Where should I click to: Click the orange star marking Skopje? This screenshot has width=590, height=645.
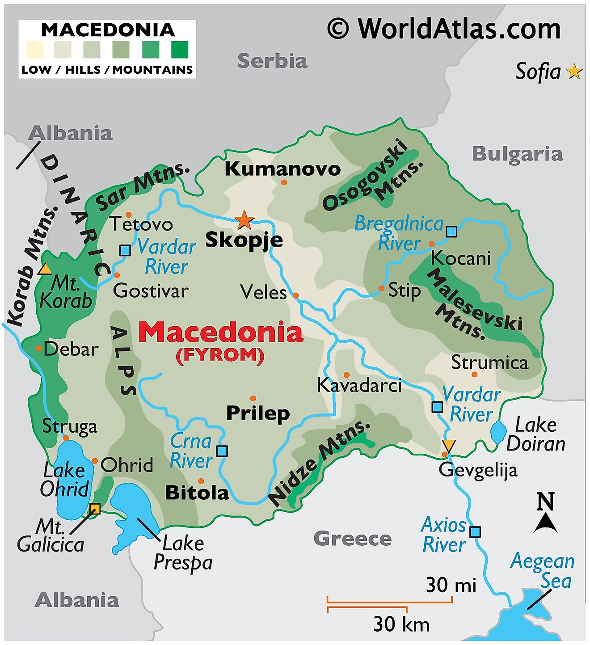(244, 219)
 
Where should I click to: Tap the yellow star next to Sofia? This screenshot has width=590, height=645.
(574, 72)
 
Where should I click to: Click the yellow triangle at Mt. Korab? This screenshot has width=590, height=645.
(44, 269)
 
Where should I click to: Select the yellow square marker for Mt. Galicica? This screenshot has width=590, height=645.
(95, 508)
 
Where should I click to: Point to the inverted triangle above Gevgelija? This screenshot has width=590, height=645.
(449, 445)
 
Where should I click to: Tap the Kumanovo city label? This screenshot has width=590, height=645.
(282, 169)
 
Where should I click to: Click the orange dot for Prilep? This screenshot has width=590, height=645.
(253, 398)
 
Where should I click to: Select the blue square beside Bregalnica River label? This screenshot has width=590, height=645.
(451, 232)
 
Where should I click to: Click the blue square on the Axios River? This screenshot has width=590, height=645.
(475, 531)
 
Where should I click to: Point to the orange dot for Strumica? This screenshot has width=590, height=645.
(474, 375)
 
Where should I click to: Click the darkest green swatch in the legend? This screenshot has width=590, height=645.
(180, 50)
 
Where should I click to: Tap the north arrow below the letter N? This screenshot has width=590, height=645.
(545, 523)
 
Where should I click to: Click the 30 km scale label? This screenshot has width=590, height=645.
(401, 624)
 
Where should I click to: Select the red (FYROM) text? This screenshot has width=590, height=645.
(220, 355)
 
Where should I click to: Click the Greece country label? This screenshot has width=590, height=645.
(352, 539)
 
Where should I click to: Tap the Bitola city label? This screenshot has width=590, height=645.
(197, 493)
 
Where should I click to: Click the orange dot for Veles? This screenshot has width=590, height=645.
(295, 295)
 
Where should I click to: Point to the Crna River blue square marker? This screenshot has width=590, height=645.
(222, 451)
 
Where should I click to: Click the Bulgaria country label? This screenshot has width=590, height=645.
(517, 154)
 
